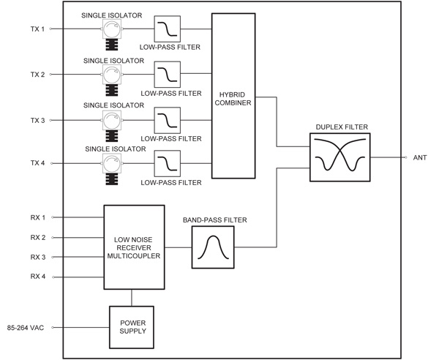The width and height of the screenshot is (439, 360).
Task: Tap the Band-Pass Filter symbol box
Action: click(212, 247)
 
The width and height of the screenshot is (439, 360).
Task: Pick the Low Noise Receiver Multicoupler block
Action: click(132, 247)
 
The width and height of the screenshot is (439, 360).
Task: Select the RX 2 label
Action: click(38, 238)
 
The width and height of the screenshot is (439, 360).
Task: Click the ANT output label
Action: click(420, 157)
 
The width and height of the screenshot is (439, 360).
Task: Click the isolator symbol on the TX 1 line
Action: click(112, 30)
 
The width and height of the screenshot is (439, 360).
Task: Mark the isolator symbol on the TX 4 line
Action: click(112, 162)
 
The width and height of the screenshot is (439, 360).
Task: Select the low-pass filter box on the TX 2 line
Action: click(168, 75)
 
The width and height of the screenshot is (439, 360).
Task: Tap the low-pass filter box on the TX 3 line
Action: click(168, 119)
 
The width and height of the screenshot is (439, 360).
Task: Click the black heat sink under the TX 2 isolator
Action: click(112, 91)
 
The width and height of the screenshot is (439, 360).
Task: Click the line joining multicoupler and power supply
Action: click(131, 298)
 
